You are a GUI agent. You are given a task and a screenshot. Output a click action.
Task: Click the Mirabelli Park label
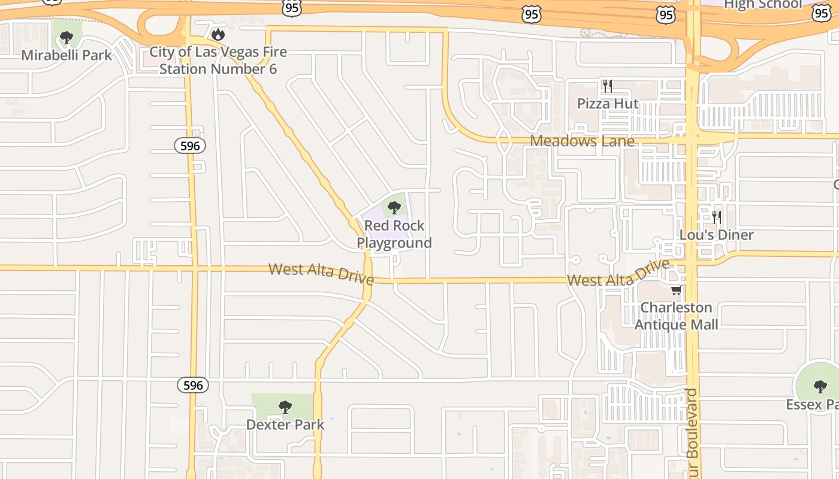(x=67, y=56)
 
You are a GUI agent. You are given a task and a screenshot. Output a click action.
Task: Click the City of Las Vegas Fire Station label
(x=218, y=60)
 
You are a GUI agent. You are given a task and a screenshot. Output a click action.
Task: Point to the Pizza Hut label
(x=608, y=104)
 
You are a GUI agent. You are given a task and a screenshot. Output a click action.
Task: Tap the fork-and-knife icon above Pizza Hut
(x=608, y=86)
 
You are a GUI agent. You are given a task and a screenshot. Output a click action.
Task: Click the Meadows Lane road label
(x=582, y=141)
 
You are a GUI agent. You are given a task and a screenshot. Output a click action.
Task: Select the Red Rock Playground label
(x=394, y=234)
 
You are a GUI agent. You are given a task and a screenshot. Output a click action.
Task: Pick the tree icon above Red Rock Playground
(x=394, y=208)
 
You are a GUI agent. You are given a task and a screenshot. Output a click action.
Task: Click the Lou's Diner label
(x=716, y=235)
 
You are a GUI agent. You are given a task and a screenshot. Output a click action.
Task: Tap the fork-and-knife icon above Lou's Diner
(x=716, y=217)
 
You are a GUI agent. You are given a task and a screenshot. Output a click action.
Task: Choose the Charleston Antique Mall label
(x=677, y=316)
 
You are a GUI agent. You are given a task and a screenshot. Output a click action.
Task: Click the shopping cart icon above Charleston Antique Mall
(x=677, y=290)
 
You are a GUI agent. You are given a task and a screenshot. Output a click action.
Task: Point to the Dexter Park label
(x=285, y=425)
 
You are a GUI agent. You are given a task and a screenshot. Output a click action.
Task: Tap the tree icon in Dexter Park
(x=285, y=407)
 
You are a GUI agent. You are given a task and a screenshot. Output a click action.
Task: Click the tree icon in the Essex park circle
(x=820, y=386)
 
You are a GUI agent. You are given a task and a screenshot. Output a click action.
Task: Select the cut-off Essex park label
(x=813, y=405)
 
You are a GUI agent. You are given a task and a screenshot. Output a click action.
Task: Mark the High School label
(x=763, y=5)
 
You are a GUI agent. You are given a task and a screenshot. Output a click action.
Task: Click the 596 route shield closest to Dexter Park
(x=193, y=385)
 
